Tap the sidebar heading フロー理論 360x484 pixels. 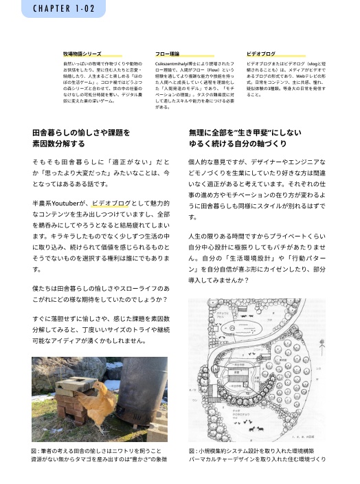click(x=167, y=53)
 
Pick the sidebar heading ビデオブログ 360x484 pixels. click(x=260, y=53)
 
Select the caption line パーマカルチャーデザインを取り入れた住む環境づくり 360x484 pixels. click(x=257, y=459)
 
